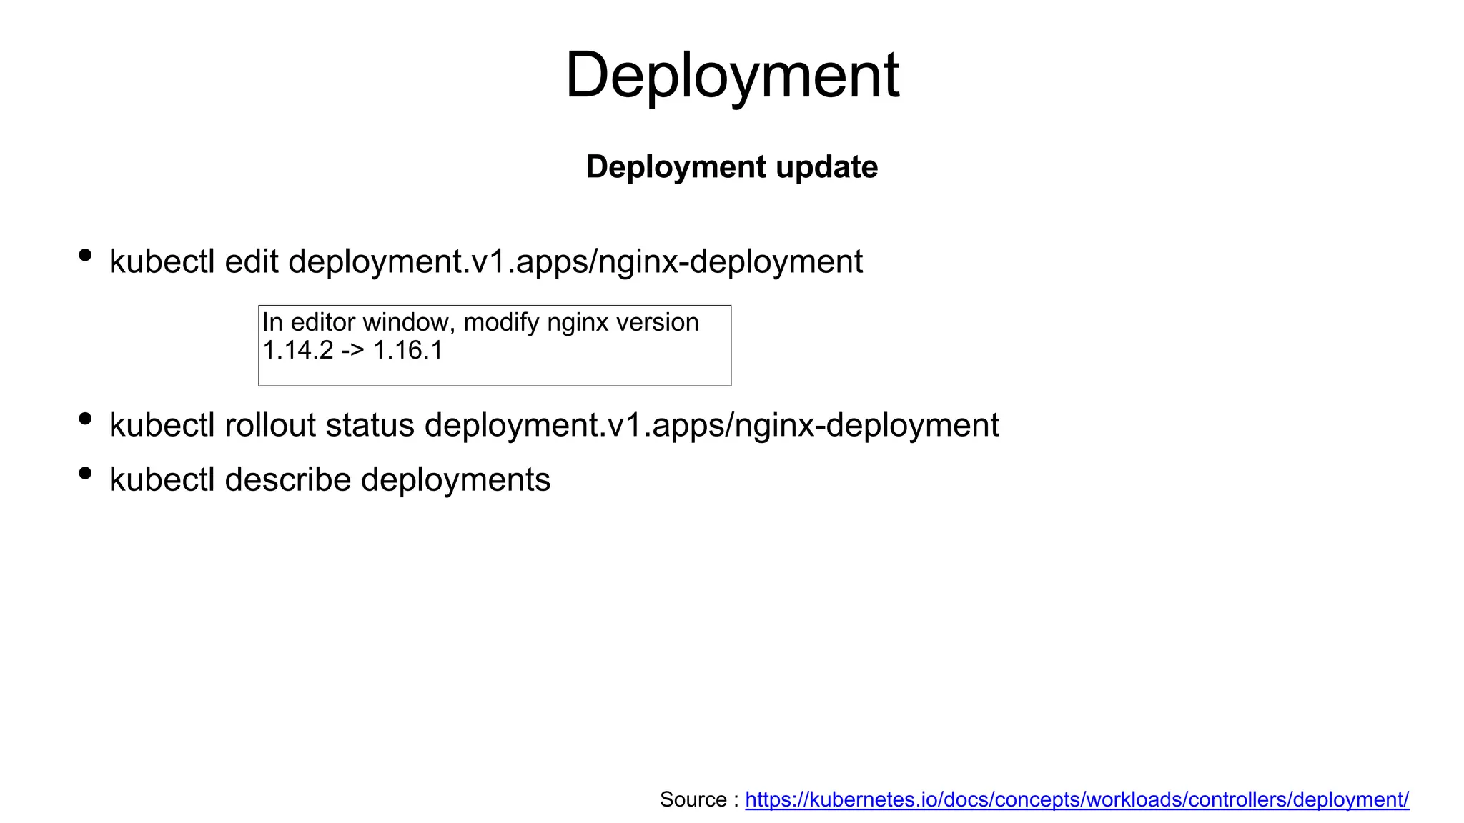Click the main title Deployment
coord(732,76)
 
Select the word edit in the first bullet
coord(251,261)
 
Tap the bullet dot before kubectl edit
coord(85,255)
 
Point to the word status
coord(370,425)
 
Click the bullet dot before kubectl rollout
coord(85,419)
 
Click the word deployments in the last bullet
coord(455,479)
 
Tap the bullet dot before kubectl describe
coord(85,473)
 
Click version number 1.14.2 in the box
coord(297,351)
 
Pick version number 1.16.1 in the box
coord(407,351)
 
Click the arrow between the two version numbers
coord(352,351)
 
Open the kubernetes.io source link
coord(1077,799)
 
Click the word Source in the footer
coord(693,799)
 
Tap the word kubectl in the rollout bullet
coord(162,425)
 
